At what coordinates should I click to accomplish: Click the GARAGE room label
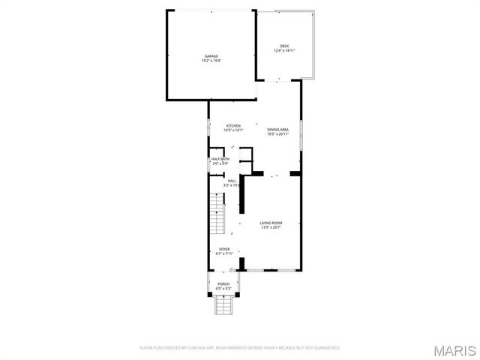[211, 56]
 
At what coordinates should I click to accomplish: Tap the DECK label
[284, 46]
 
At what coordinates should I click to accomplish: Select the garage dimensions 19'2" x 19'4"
[211, 61]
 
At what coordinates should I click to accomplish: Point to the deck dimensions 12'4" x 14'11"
[284, 51]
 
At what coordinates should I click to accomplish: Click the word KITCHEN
[233, 125]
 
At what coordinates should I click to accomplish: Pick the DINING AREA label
[278, 130]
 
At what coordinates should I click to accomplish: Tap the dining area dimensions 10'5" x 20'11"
[278, 134]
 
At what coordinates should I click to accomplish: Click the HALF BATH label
[220, 159]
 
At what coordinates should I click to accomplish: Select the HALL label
[232, 181]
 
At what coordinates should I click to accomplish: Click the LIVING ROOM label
[271, 223]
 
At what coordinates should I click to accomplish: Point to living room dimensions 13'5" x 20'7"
[271, 227]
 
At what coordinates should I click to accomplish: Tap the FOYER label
[224, 249]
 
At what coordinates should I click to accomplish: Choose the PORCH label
[224, 283]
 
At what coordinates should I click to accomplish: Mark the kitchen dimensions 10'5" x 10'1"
[233, 130]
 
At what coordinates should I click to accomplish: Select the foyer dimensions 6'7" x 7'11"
[224, 253]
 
